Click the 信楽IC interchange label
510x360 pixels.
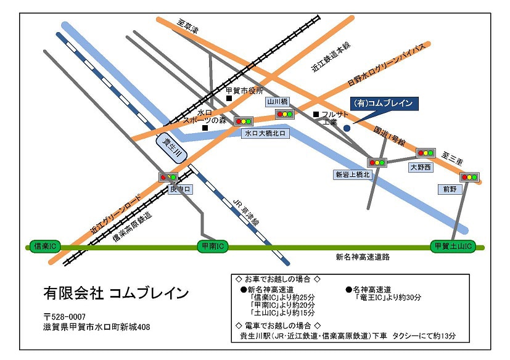click(44, 246)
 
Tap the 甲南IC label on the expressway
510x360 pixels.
click(212, 246)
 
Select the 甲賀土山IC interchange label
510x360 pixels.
click(453, 246)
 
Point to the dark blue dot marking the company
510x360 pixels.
click(347, 128)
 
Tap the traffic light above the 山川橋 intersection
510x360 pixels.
click(284, 113)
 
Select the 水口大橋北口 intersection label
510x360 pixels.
click(266, 133)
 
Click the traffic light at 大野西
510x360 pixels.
click(426, 152)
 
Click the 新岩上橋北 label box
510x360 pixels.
click(353, 175)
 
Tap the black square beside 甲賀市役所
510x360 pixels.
click(229, 98)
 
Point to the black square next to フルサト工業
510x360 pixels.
click(316, 114)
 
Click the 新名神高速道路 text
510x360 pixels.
click(363, 257)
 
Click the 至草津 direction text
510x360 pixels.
click(187, 27)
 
